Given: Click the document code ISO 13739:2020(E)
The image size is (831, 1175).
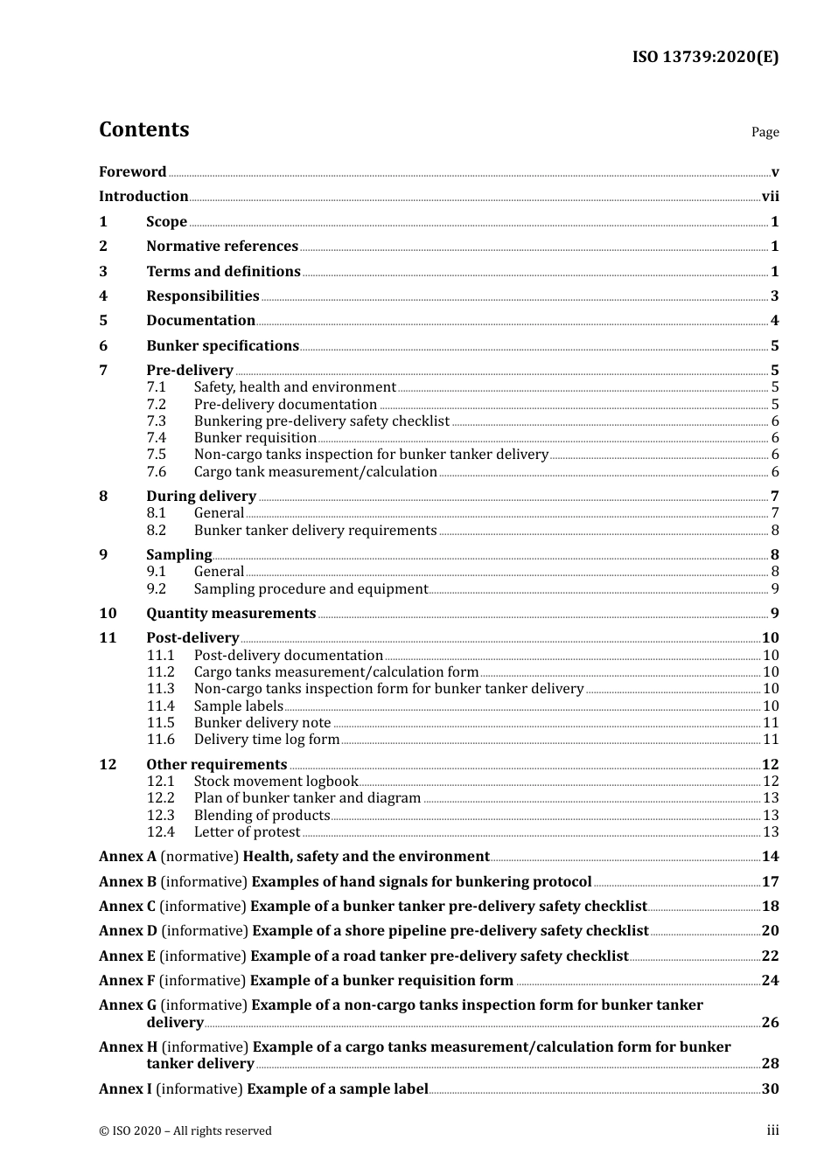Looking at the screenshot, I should coord(705,58).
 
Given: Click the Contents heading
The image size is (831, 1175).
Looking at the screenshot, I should coord(143,129).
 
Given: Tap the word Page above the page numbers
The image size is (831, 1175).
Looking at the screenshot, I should coord(765,132).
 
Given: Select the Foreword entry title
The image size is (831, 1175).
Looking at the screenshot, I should coord(132,172).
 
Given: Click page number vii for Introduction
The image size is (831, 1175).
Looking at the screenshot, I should coord(770,197).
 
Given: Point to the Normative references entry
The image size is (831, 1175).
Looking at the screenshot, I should coord(222,247).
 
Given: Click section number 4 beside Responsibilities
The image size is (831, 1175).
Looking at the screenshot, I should coord(103,296).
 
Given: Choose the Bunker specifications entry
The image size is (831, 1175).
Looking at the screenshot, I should coord(222,346).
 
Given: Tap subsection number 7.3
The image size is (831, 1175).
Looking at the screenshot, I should coord(156,421).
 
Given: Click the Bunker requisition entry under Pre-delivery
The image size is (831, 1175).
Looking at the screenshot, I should coord(255,438).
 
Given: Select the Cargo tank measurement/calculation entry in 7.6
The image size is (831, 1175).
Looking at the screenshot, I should coord(315,472).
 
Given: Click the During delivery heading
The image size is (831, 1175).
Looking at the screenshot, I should coord(201,497).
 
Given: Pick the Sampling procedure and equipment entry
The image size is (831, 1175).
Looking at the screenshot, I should coord(311,589).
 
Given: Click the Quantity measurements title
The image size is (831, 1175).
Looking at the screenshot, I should coord(231,614).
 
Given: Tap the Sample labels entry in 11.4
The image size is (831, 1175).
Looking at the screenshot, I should coord(238,706).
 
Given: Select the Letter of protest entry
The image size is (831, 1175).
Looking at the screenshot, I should coord(247,832).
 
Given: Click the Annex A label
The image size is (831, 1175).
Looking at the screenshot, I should coord(128,857).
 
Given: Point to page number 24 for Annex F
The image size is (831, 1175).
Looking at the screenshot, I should coord(770,981).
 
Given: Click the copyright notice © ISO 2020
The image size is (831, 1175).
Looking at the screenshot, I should coord(185,1131).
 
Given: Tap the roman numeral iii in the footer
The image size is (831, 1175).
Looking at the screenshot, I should coord(772,1131).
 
